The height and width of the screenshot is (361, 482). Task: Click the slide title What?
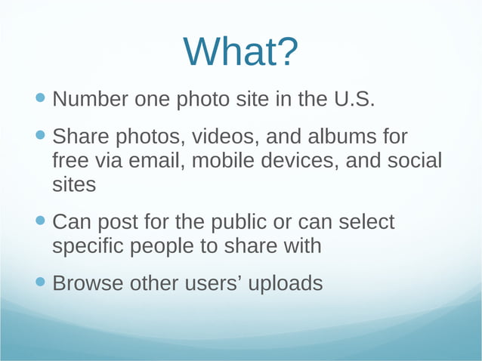241,51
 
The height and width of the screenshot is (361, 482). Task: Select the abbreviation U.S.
354,99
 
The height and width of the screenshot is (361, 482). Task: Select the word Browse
88,283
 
